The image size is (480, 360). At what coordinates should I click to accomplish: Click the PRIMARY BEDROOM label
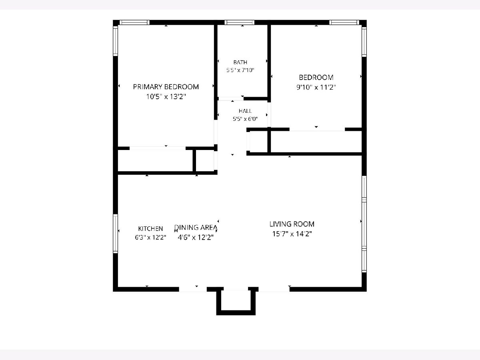tap(166, 87)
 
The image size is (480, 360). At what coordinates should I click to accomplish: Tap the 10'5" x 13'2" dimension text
tap(166, 97)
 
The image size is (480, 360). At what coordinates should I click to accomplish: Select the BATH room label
tap(240, 62)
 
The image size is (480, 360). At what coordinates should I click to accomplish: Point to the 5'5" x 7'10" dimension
tap(240, 70)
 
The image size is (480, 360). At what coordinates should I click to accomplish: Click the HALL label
tap(245, 111)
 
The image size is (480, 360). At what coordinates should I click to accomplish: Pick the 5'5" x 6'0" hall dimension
tap(245, 119)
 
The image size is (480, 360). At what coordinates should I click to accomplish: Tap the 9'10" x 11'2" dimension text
tap(316, 88)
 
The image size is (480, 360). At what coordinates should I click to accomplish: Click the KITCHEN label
tap(150, 229)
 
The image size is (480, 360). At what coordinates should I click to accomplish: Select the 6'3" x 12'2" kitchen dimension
tap(150, 237)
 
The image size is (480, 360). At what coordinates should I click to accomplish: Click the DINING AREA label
tap(196, 228)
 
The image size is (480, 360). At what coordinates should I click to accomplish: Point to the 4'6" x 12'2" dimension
tap(196, 237)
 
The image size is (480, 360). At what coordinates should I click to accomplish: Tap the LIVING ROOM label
tap(292, 224)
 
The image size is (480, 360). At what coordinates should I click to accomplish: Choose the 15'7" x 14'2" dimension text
tap(292, 234)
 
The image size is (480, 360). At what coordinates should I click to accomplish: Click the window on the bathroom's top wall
tap(240, 22)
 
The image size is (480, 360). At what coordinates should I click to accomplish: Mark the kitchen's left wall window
tap(115, 234)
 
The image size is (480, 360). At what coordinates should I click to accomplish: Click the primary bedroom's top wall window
tap(134, 22)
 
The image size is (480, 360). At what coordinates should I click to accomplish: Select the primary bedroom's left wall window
tap(115, 41)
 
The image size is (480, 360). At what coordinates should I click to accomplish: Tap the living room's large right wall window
tap(364, 224)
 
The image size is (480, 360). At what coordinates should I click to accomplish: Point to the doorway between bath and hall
tap(231, 98)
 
